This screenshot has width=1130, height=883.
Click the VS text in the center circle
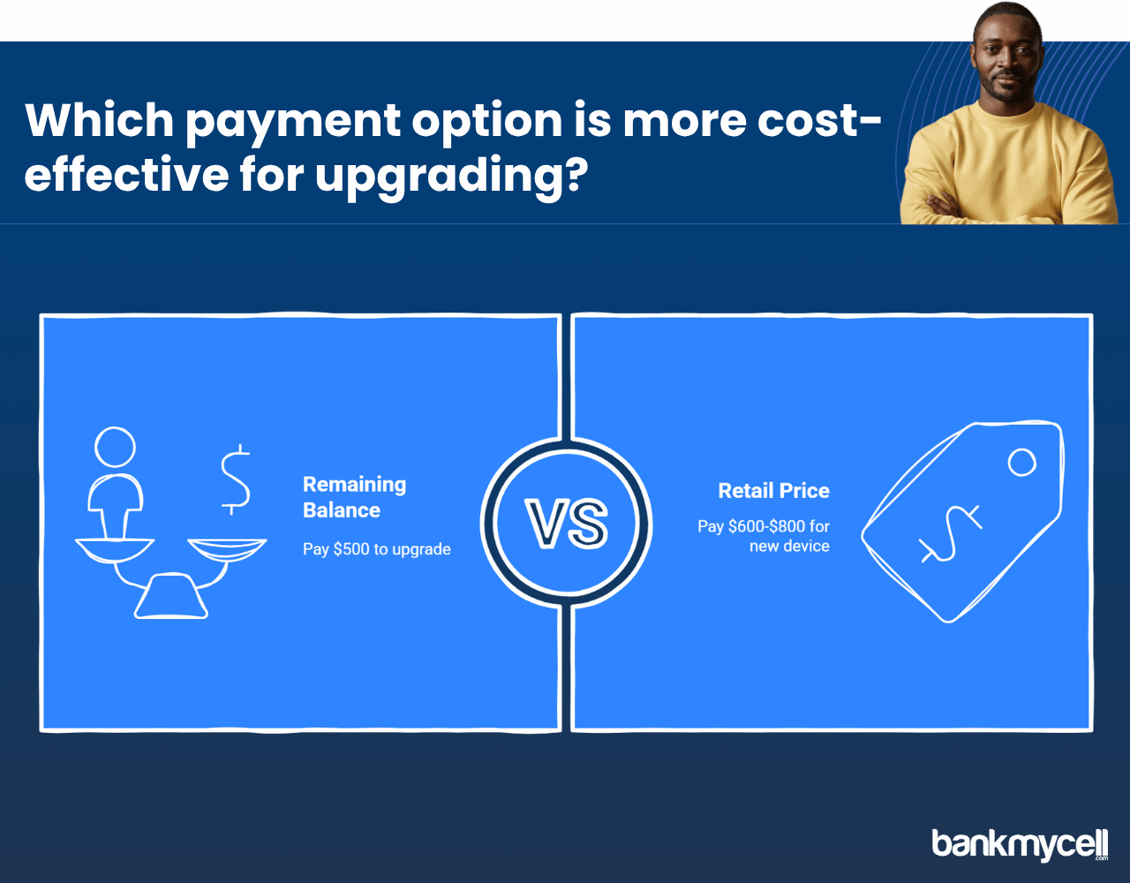coord(566,523)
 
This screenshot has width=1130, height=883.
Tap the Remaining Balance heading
coord(354,497)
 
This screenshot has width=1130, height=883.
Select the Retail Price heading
coord(774,490)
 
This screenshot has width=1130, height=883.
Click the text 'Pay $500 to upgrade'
coord(376,549)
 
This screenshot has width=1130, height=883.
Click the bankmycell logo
coord(1020,843)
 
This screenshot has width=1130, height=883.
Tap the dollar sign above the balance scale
coord(236,479)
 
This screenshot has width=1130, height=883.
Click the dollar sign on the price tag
coord(951,534)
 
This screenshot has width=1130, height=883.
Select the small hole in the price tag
coord(1021,463)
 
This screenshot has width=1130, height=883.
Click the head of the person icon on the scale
coord(115,447)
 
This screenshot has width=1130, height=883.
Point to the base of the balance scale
coord(171,596)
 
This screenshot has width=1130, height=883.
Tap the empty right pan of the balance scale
coord(227,549)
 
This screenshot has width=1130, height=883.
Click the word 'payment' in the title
coord(293,123)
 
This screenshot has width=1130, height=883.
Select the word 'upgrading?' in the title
coord(452,177)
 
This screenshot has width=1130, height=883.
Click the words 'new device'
coord(789,546)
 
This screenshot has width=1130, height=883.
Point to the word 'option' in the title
coord(487,123)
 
